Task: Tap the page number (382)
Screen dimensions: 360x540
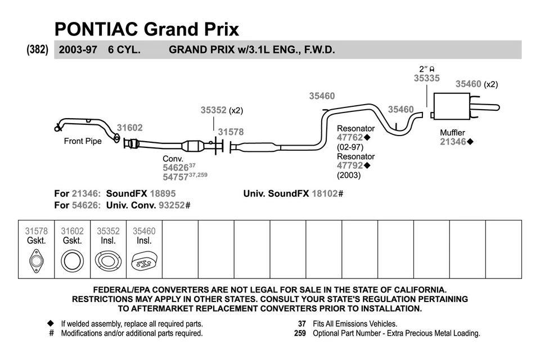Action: (38, 49)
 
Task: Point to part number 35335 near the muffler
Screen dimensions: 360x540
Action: (426, 79)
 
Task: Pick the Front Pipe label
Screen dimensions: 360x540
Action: (83, 141)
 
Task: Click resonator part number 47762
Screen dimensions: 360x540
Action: (350, 137)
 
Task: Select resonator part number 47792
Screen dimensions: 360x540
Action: (350, 165)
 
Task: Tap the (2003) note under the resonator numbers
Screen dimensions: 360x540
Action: (349, 175)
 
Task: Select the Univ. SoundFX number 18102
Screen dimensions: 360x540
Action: (325, 193)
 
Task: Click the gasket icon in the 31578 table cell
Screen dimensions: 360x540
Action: (37, 262)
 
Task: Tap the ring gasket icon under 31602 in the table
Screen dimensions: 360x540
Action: (73, 262)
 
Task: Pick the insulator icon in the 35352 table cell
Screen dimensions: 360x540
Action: (108, 262)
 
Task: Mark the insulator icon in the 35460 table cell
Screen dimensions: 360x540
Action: (144, 262)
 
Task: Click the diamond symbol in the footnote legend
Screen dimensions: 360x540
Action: (51, 324)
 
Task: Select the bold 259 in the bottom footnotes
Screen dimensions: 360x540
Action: (300, 333)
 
